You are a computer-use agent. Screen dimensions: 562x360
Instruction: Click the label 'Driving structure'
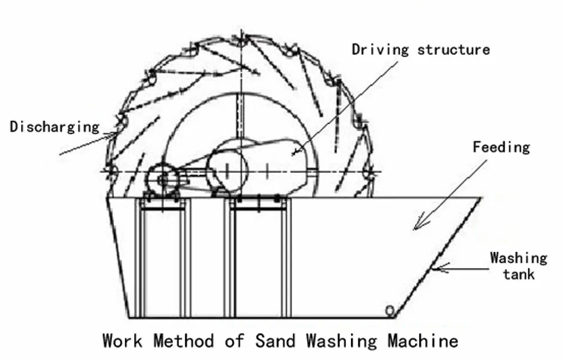420,49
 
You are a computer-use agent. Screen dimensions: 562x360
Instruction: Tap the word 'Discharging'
55,127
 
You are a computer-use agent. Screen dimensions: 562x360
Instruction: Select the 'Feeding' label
501,148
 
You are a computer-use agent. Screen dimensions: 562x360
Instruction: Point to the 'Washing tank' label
518,266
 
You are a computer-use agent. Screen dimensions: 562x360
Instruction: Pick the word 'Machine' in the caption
422,340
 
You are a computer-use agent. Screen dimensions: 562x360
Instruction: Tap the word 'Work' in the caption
123,340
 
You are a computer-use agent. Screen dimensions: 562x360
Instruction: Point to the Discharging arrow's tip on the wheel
118,134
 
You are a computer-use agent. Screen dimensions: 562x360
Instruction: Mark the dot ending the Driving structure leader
297,149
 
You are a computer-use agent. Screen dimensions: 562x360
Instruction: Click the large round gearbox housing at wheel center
228,168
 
